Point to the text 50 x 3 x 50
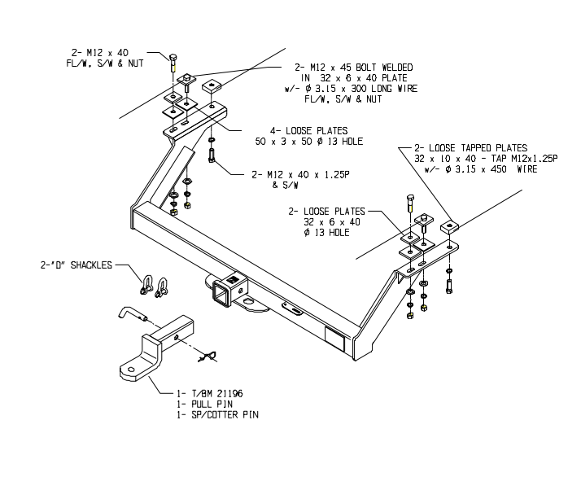tap(281, 141)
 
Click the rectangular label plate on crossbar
tap(334, 335)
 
